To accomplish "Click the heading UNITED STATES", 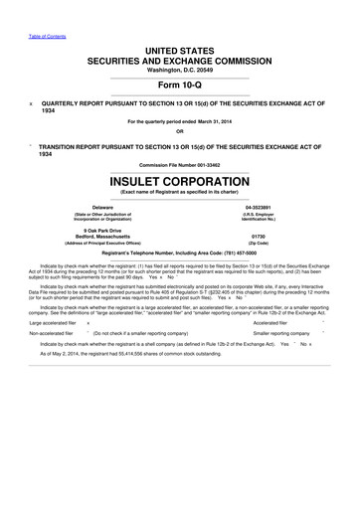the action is [x=179, y=50].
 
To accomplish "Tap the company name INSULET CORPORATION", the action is [x=179, y=182].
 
